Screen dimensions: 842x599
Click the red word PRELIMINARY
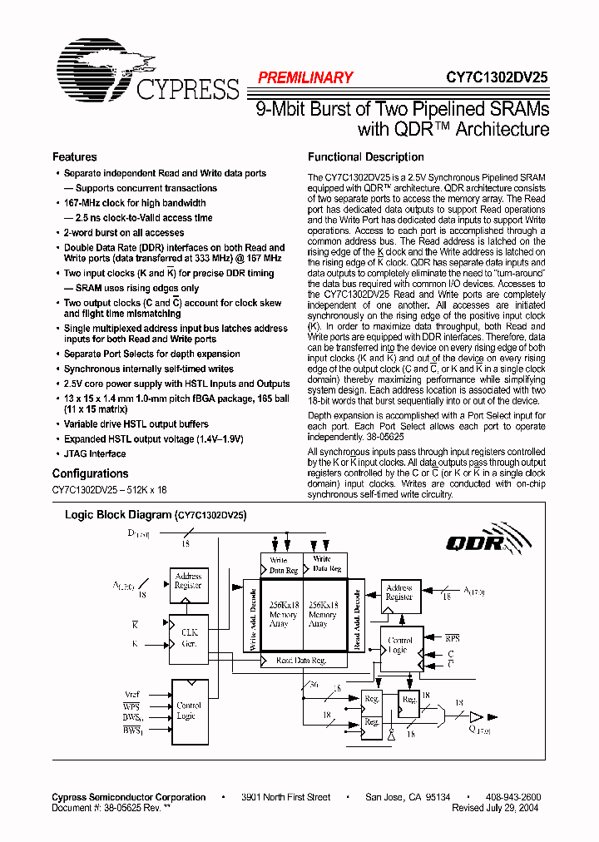(x=305, y=77)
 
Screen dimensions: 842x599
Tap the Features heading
(x=74, y=157)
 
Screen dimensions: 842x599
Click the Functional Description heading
(x=365, y=157)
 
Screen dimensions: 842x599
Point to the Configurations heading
(x=90, y=473)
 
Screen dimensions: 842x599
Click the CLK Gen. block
(x=189, y=637)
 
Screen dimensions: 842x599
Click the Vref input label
(x=131, y=694)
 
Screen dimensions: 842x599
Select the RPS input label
(x=452, y=638)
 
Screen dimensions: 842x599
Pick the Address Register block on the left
(x=188, y=580)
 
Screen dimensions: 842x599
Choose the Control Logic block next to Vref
(x=189, y=711)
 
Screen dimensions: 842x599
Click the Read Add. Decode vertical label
(x=357, y=617)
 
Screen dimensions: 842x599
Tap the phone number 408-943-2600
(x=512, y=797)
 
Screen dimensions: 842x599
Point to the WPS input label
(x=131, y=706)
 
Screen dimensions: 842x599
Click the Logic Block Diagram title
(x=155, y=515)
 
